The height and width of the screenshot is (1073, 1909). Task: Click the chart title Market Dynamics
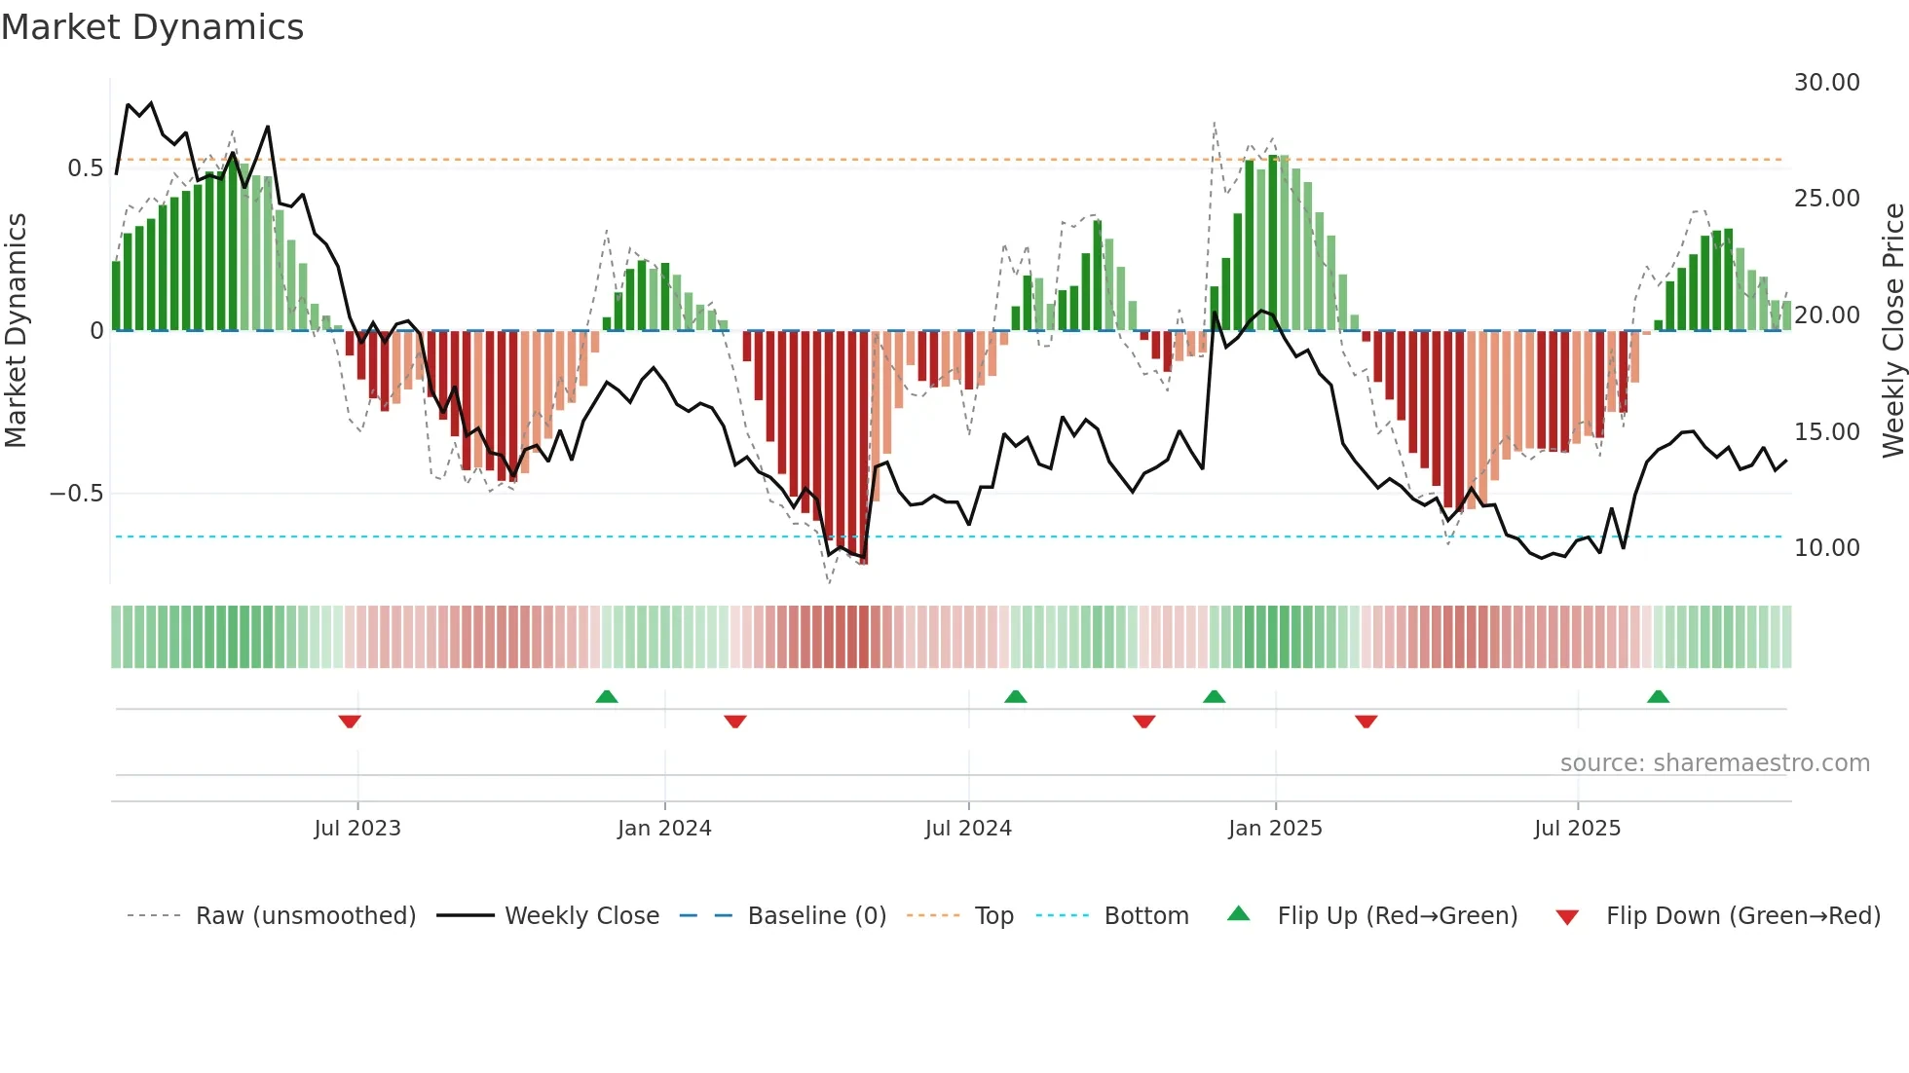(153, 27)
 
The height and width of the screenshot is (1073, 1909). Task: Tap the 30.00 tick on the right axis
(1826, 83)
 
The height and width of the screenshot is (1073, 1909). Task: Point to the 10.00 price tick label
(1826, 548)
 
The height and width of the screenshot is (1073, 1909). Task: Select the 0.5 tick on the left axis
(85, 168)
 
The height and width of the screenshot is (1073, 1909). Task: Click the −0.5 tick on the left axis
(77, 494)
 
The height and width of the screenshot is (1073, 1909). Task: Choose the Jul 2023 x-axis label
(357, 829)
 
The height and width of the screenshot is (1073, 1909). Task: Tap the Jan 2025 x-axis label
(1275, 829)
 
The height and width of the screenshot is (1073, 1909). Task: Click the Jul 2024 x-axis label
(968, 829)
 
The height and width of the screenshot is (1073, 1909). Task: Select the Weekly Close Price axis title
(1892, 331)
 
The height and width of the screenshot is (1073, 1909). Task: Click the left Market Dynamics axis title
(16, 331)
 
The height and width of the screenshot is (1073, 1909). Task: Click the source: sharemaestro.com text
(1714, 763)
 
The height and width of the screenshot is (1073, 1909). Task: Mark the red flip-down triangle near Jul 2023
(350, 721)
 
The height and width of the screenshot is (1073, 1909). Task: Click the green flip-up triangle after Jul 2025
(1658, 696)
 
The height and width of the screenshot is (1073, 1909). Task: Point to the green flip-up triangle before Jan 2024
(607, 696)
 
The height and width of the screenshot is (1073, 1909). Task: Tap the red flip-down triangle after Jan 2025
(1366, 721)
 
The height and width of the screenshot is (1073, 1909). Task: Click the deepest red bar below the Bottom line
(864, 448)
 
